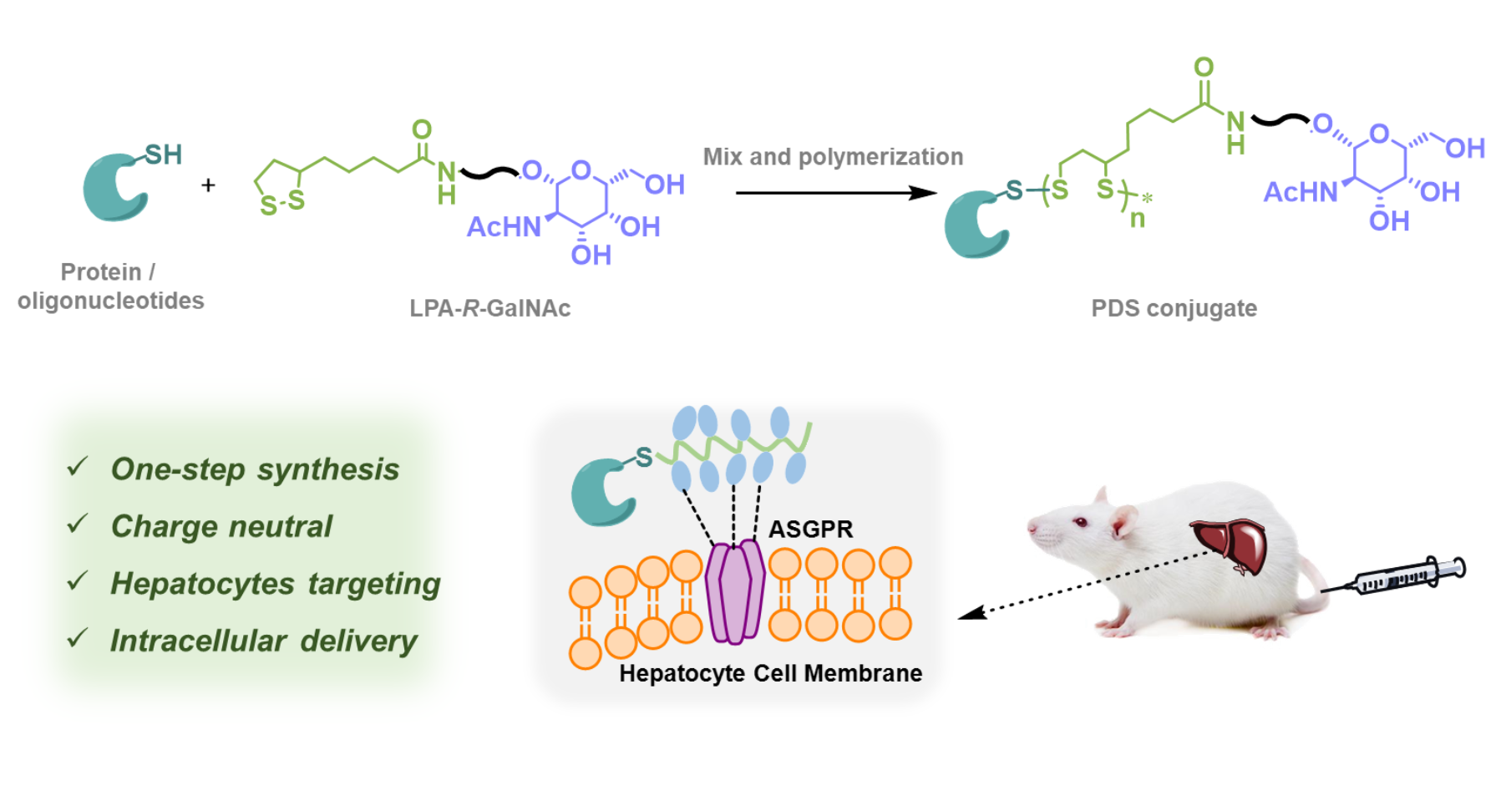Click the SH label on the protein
click(x=164, y=155)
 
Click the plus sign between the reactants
click(x=208, y=185)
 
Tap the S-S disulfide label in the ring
click(x=282, y=203)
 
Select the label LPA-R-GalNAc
click(x=489, y=308)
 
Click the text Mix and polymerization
click(x=833, y=156)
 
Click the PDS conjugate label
click(x=1174, y=308)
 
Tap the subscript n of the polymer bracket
click(x=1137, y=220)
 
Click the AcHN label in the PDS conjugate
click(x=1300, y=193)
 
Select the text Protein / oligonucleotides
click(x=110, y=286)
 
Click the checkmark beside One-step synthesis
click(x=78, y=466)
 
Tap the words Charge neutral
click(x=221, y=526)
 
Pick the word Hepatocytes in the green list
click(x=200, y=583)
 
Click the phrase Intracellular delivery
click(x=264, y=641)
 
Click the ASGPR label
click(x=810, y=529)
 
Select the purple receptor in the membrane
click(x=735, y=590)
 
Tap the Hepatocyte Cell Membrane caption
click(x=770, y=673)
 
